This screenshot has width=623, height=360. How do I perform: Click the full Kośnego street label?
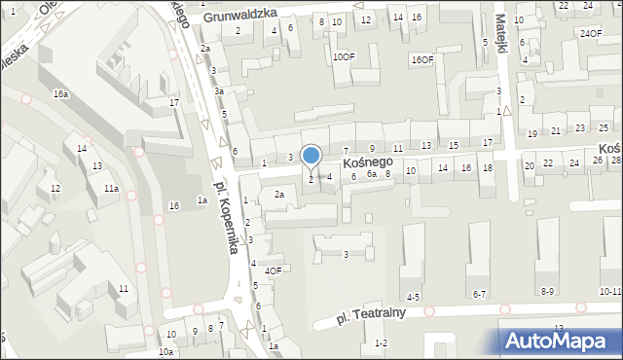coord(368,162)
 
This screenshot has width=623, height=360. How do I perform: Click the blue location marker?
coord(311,157)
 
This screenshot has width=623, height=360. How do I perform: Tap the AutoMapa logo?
coord(563,340)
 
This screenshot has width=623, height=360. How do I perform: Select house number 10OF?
coord(344,57)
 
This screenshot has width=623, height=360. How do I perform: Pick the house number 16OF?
coord(421,60)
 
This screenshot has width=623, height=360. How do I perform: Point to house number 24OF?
coord(590,34)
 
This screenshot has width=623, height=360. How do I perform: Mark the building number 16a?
coord(60,94)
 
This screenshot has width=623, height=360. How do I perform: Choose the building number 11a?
coord(112,189)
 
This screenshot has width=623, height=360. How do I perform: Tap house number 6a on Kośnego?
coord(371,174)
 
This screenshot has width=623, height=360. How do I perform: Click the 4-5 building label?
coord(414,296)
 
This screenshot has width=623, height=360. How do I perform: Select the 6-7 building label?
coord(479,294)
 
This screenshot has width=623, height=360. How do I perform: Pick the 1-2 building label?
coord(381,342)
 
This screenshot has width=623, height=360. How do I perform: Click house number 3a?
coord(220,91)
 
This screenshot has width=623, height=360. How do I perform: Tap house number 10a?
coord(166,351)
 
